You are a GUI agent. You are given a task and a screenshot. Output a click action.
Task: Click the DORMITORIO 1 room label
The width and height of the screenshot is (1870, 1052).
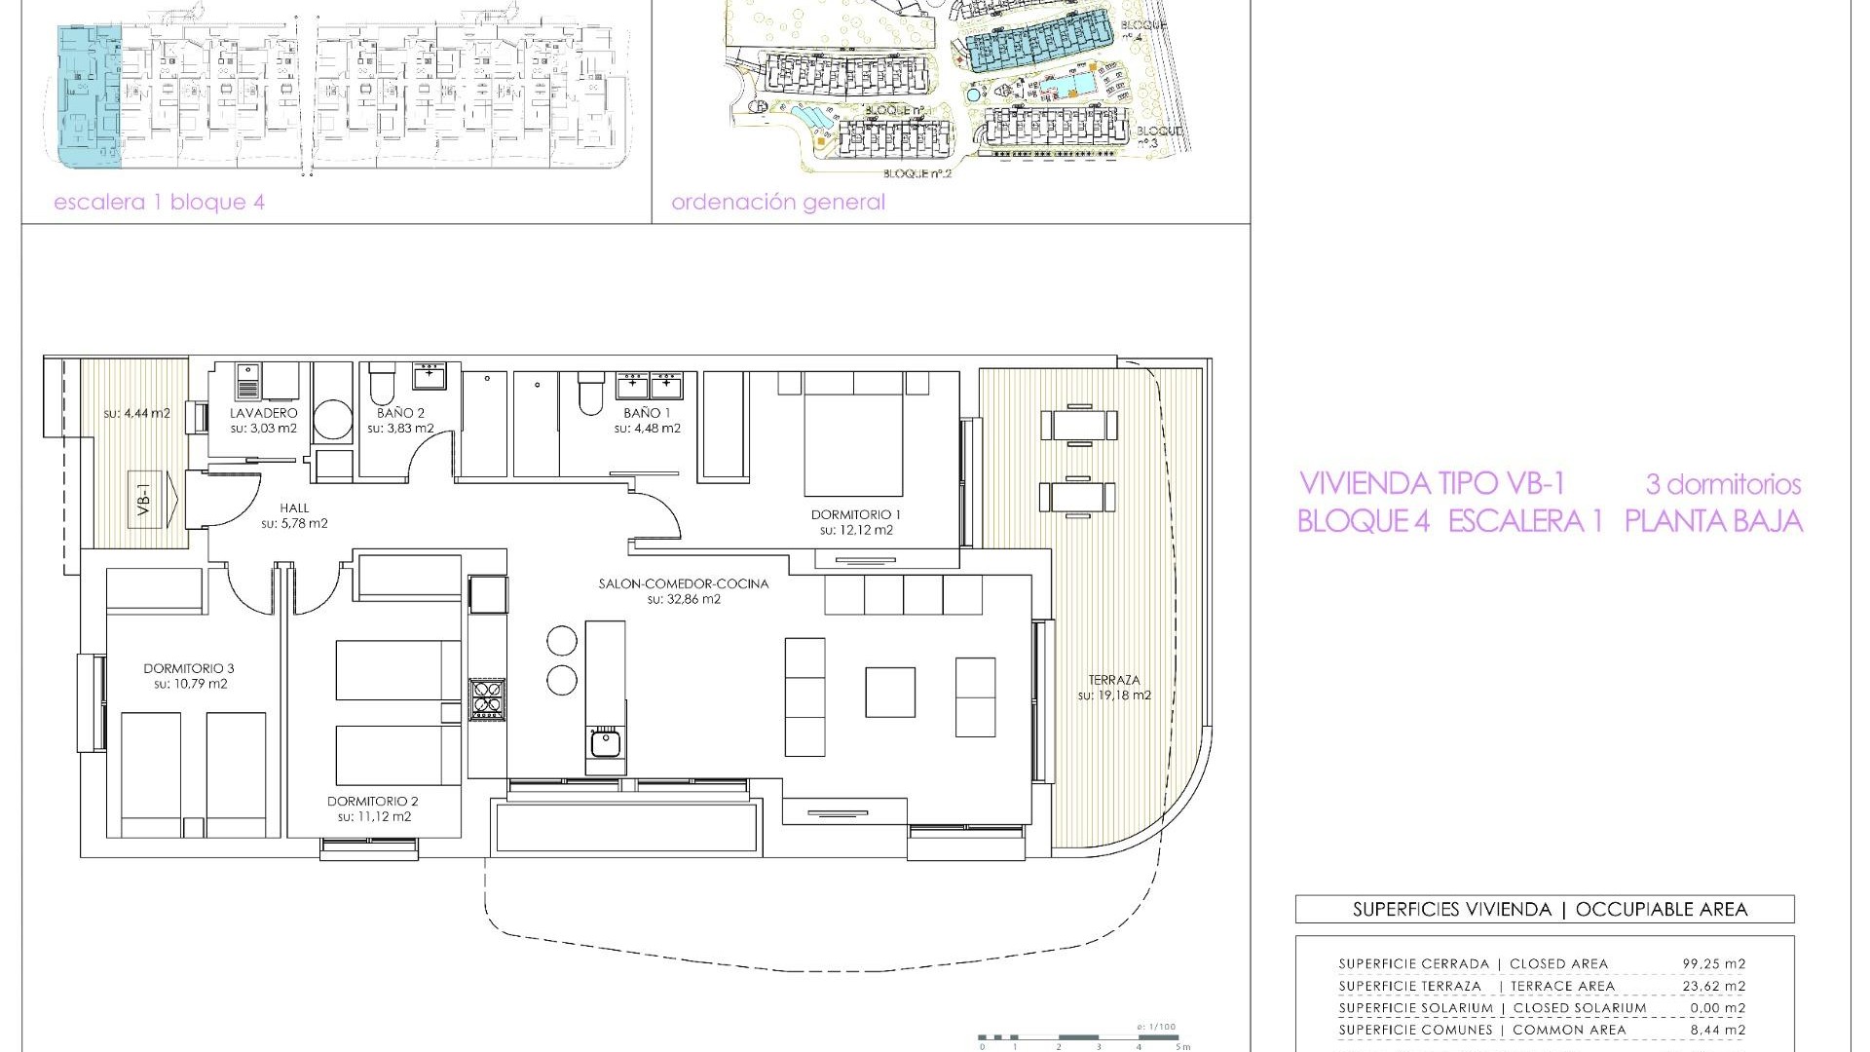click(856, 514)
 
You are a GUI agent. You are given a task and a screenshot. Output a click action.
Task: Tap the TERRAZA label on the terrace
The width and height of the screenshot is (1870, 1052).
click(1114, 680)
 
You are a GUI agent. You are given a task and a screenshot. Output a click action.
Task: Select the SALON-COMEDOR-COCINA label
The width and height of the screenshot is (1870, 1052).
click(684, 583)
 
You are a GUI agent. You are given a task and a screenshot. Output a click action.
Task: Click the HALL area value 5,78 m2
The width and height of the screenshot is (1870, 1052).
click(294, 523)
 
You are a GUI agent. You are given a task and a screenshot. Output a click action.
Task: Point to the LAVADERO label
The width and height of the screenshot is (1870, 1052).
click(263, 413)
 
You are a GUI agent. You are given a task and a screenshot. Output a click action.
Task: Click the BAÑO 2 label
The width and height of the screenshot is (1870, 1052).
click(400, 413)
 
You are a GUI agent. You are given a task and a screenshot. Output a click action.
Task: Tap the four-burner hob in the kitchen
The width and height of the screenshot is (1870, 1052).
click(487, 699)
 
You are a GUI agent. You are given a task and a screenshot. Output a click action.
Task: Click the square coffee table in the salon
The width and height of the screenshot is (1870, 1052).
click(890, 692)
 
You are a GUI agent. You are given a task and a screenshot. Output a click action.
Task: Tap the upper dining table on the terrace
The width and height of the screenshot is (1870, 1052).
click(1078, 425)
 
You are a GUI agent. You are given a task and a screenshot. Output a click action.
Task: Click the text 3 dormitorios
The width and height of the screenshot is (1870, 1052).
click(1723, 484)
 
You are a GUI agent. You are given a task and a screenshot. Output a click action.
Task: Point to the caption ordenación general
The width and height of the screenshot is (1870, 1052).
click(778, 203)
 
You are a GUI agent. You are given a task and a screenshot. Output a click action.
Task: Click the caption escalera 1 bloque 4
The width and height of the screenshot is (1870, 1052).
click(159, 203)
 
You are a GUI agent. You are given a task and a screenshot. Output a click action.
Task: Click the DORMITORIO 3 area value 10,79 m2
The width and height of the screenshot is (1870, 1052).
click(190, 684)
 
